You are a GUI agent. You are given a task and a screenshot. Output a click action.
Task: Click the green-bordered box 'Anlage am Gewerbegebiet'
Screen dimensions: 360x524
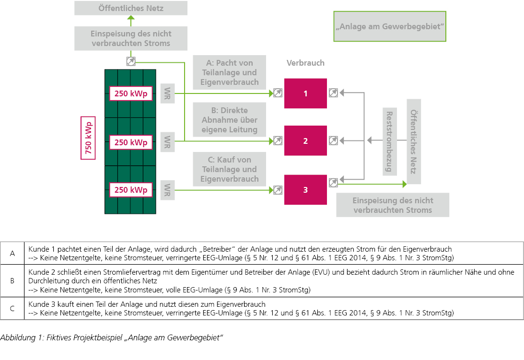390,26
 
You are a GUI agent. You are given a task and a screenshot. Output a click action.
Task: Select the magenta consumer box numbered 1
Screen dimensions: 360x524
305,93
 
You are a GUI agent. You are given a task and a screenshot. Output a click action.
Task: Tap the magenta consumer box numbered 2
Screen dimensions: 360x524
305,140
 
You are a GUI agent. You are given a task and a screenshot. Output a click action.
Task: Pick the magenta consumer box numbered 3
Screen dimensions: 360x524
305,190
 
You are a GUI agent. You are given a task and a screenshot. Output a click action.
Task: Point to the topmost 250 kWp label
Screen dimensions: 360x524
130,93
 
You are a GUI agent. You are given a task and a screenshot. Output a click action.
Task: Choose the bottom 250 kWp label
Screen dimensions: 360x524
130,190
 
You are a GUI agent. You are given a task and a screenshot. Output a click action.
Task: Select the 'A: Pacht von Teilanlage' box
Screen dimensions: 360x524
230,72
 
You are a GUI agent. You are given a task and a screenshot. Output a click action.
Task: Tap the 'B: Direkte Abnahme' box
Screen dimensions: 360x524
230,120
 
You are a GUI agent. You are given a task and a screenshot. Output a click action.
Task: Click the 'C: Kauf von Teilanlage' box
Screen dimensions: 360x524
230,169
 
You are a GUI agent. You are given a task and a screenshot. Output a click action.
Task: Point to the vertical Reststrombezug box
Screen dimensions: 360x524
389,141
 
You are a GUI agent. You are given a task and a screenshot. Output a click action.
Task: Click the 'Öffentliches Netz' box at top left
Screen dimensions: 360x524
131,8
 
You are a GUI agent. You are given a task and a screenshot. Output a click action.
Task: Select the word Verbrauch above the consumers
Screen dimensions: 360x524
305,63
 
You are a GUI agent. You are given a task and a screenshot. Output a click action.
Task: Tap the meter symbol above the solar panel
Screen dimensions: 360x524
131,61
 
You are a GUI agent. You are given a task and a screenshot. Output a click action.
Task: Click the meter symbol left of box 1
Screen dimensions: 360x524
278,93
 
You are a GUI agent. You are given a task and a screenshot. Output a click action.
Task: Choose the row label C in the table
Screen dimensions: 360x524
12,308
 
